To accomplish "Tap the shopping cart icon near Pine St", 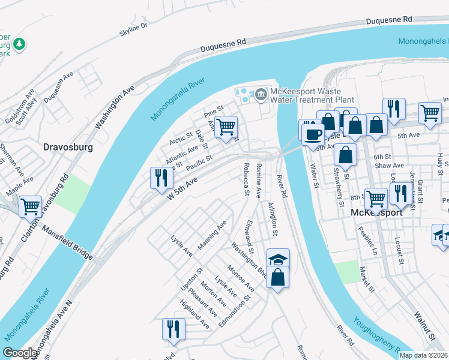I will click(x=226, y=127).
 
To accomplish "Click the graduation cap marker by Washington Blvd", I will click(x=278, y=259).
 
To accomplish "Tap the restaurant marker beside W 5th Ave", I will click(x=161, y=178).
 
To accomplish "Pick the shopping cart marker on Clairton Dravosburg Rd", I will click(x=30, y=206).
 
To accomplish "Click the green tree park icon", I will click(x=20, y=44).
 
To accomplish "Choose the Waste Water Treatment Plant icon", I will click(x=261, y=94).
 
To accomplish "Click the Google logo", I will click(x=20, y=353).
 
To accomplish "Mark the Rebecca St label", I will click(x=246, y=179).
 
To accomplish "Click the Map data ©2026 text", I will click(x=423, y=355).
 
